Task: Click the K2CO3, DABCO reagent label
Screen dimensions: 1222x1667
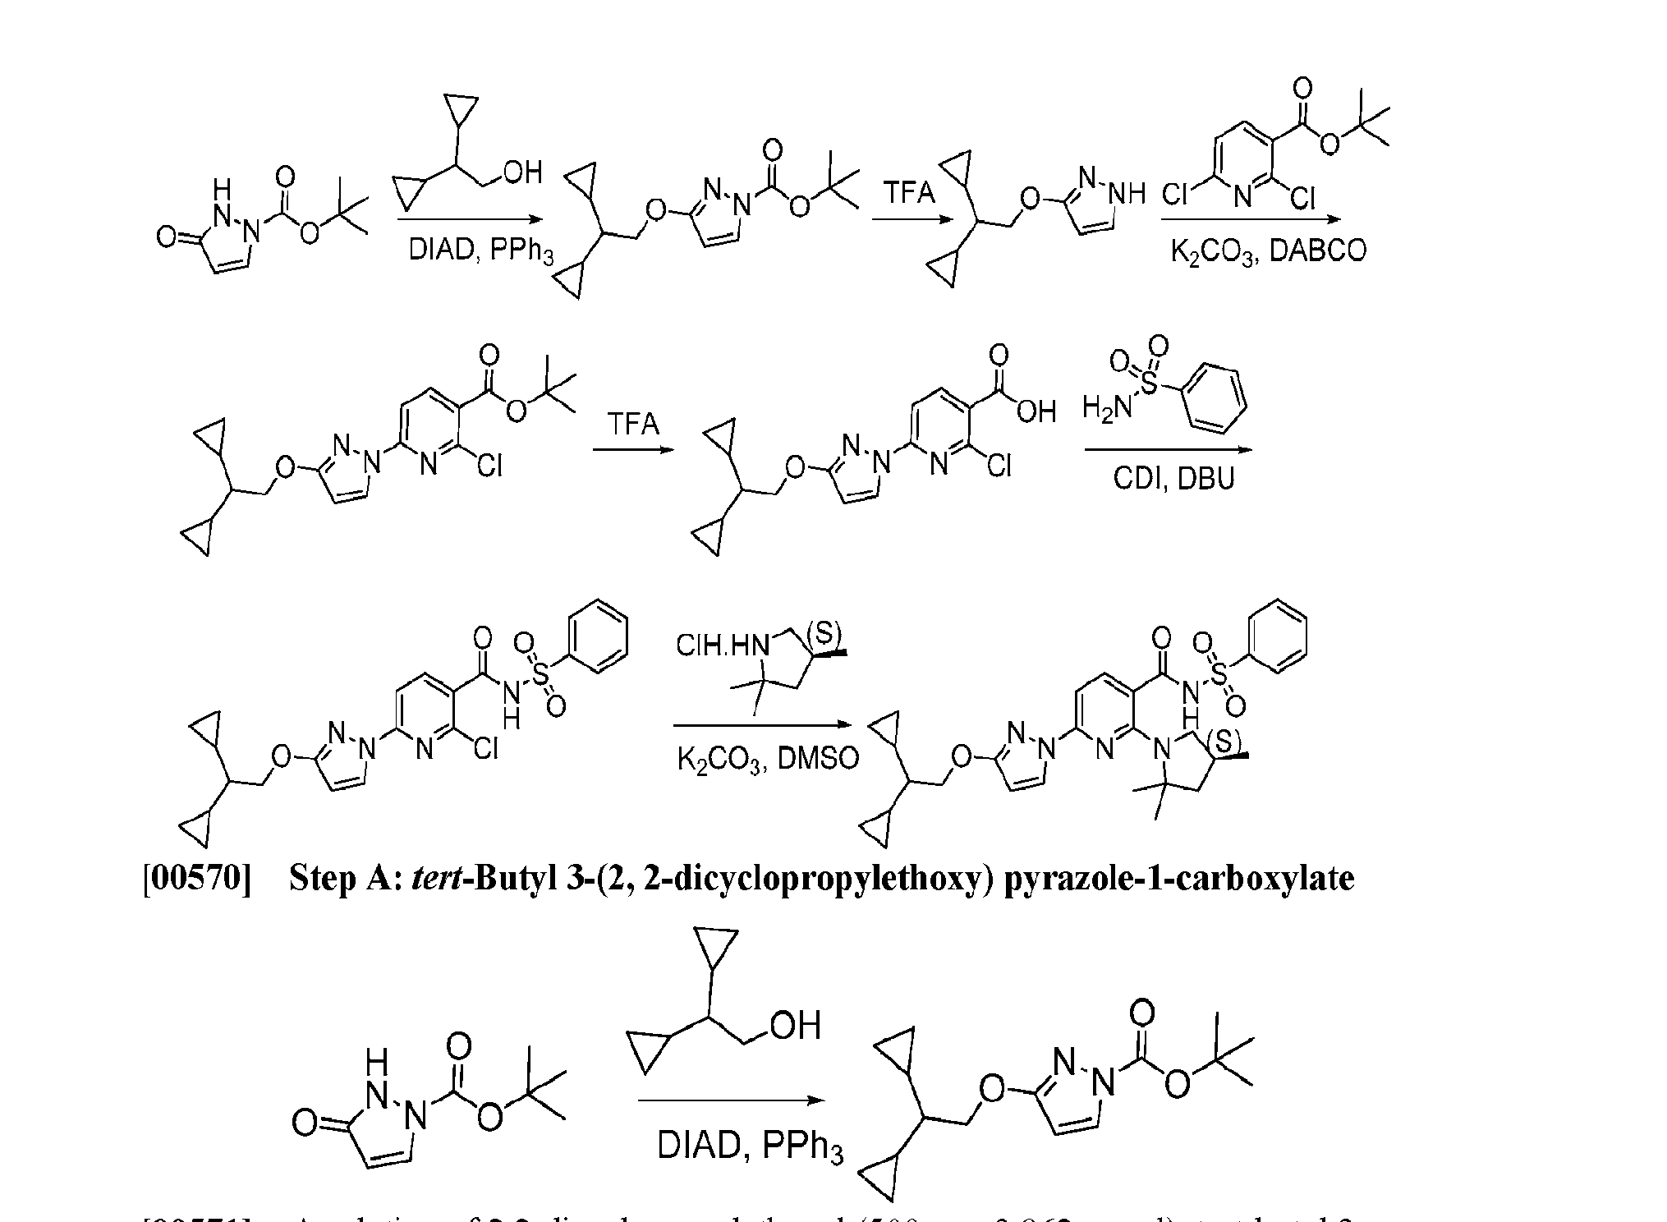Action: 1269,250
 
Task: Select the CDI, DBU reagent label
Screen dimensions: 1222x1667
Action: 1173,478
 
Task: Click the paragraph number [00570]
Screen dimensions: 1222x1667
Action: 197,879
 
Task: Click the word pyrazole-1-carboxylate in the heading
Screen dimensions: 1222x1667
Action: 1179,879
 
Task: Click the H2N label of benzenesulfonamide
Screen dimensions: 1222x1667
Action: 1105,407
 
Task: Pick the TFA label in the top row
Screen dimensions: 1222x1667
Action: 909,193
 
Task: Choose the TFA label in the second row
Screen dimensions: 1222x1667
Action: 633,424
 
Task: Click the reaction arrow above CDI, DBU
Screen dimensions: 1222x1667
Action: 1168,449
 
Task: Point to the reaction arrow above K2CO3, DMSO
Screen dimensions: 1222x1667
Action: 760,725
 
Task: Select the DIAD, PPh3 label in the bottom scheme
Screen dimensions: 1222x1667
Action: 750,1145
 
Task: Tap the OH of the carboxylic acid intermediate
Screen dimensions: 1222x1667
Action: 1036,411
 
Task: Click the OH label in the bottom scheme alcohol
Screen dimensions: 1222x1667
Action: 795,1025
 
